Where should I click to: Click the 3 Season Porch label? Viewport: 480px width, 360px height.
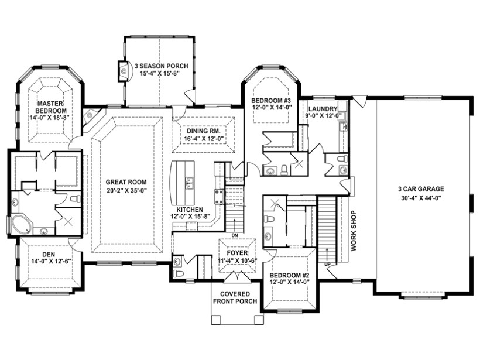click(160, 66)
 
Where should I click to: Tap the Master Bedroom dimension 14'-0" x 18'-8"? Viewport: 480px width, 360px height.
click(50, 118)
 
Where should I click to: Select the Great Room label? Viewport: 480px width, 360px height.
click(126, 182)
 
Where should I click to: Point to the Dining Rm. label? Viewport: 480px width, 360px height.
click(203, 131)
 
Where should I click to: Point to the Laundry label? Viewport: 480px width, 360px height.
click(323, 109)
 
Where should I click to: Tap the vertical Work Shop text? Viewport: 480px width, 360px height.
click(354, 231)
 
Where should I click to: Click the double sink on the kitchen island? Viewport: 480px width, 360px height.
click(190, 183)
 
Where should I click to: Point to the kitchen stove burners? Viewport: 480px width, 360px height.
click(218, 197)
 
